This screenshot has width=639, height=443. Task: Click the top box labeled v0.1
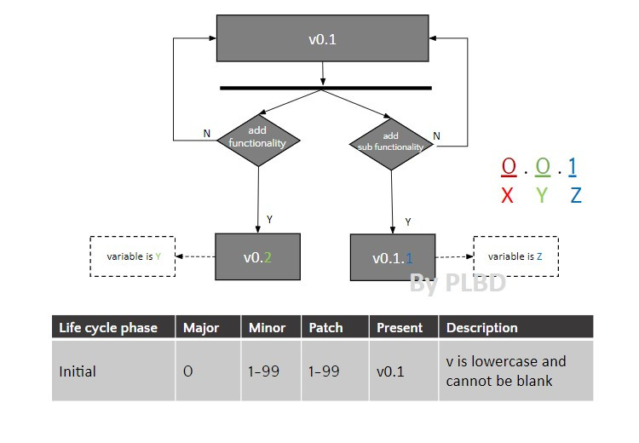tap(322, 39)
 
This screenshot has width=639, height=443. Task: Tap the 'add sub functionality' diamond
tap(391, 141)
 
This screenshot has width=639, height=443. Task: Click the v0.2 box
tap(257, 256)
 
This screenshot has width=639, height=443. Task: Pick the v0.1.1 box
tap(393, 257)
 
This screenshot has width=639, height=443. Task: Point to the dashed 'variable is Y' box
tap(133, 256)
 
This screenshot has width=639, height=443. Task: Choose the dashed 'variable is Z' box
tap(515, 256)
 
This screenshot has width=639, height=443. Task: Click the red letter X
tap(508, 195)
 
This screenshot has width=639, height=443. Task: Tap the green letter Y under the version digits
tap(542, 195)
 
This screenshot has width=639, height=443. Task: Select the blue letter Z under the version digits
tap(576, 195)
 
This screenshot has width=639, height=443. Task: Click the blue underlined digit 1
tap(572, 166)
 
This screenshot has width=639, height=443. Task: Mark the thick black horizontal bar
tap(325, 88)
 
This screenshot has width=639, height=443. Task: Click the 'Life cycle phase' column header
tap(108, 327)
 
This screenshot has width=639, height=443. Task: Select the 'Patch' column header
tap(325, 327)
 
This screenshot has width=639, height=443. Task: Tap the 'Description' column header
tap(481, 327)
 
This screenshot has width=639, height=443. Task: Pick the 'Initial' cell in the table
tap(78, 371)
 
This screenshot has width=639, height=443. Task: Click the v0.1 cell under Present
tap(391, 371)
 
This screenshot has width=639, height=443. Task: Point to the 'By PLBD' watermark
tap(458, 283)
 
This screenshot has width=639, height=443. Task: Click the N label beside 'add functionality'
tap(206, 133)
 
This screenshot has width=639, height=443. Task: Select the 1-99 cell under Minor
tap(262, 371)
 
